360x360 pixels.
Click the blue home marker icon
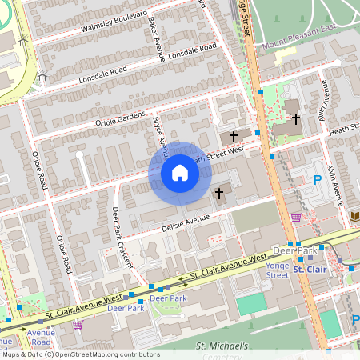coord(179,173)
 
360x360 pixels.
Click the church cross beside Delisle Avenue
coord(218,193)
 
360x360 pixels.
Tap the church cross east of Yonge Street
coord(296,118)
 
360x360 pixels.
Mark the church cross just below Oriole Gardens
coord(234,137)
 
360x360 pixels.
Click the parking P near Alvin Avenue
coord(317,181)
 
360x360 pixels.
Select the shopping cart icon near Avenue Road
coord(78,324)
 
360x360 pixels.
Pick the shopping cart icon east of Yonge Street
coord(296,217)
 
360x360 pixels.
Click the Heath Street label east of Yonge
coord(338,127)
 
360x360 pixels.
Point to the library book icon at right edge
coord(354,217)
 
